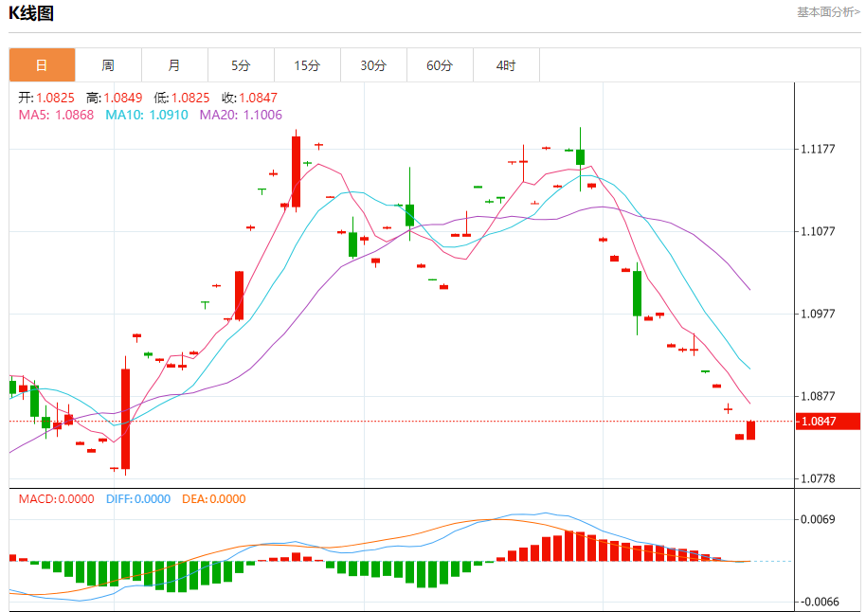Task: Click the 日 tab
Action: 42,65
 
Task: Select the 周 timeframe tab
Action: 108,65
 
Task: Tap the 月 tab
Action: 174,65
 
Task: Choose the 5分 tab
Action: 241,65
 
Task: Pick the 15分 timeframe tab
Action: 307,65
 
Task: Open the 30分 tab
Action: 373,65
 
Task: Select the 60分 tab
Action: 440,65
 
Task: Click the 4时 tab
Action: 506,65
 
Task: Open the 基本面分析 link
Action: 827,12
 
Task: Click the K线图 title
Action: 31,13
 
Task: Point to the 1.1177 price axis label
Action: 818,149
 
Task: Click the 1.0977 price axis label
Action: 818,314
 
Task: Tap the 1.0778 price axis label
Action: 818,478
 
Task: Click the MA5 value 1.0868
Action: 57,115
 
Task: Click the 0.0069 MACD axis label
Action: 818,519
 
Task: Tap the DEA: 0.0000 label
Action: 213,499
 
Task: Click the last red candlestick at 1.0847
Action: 750,430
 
